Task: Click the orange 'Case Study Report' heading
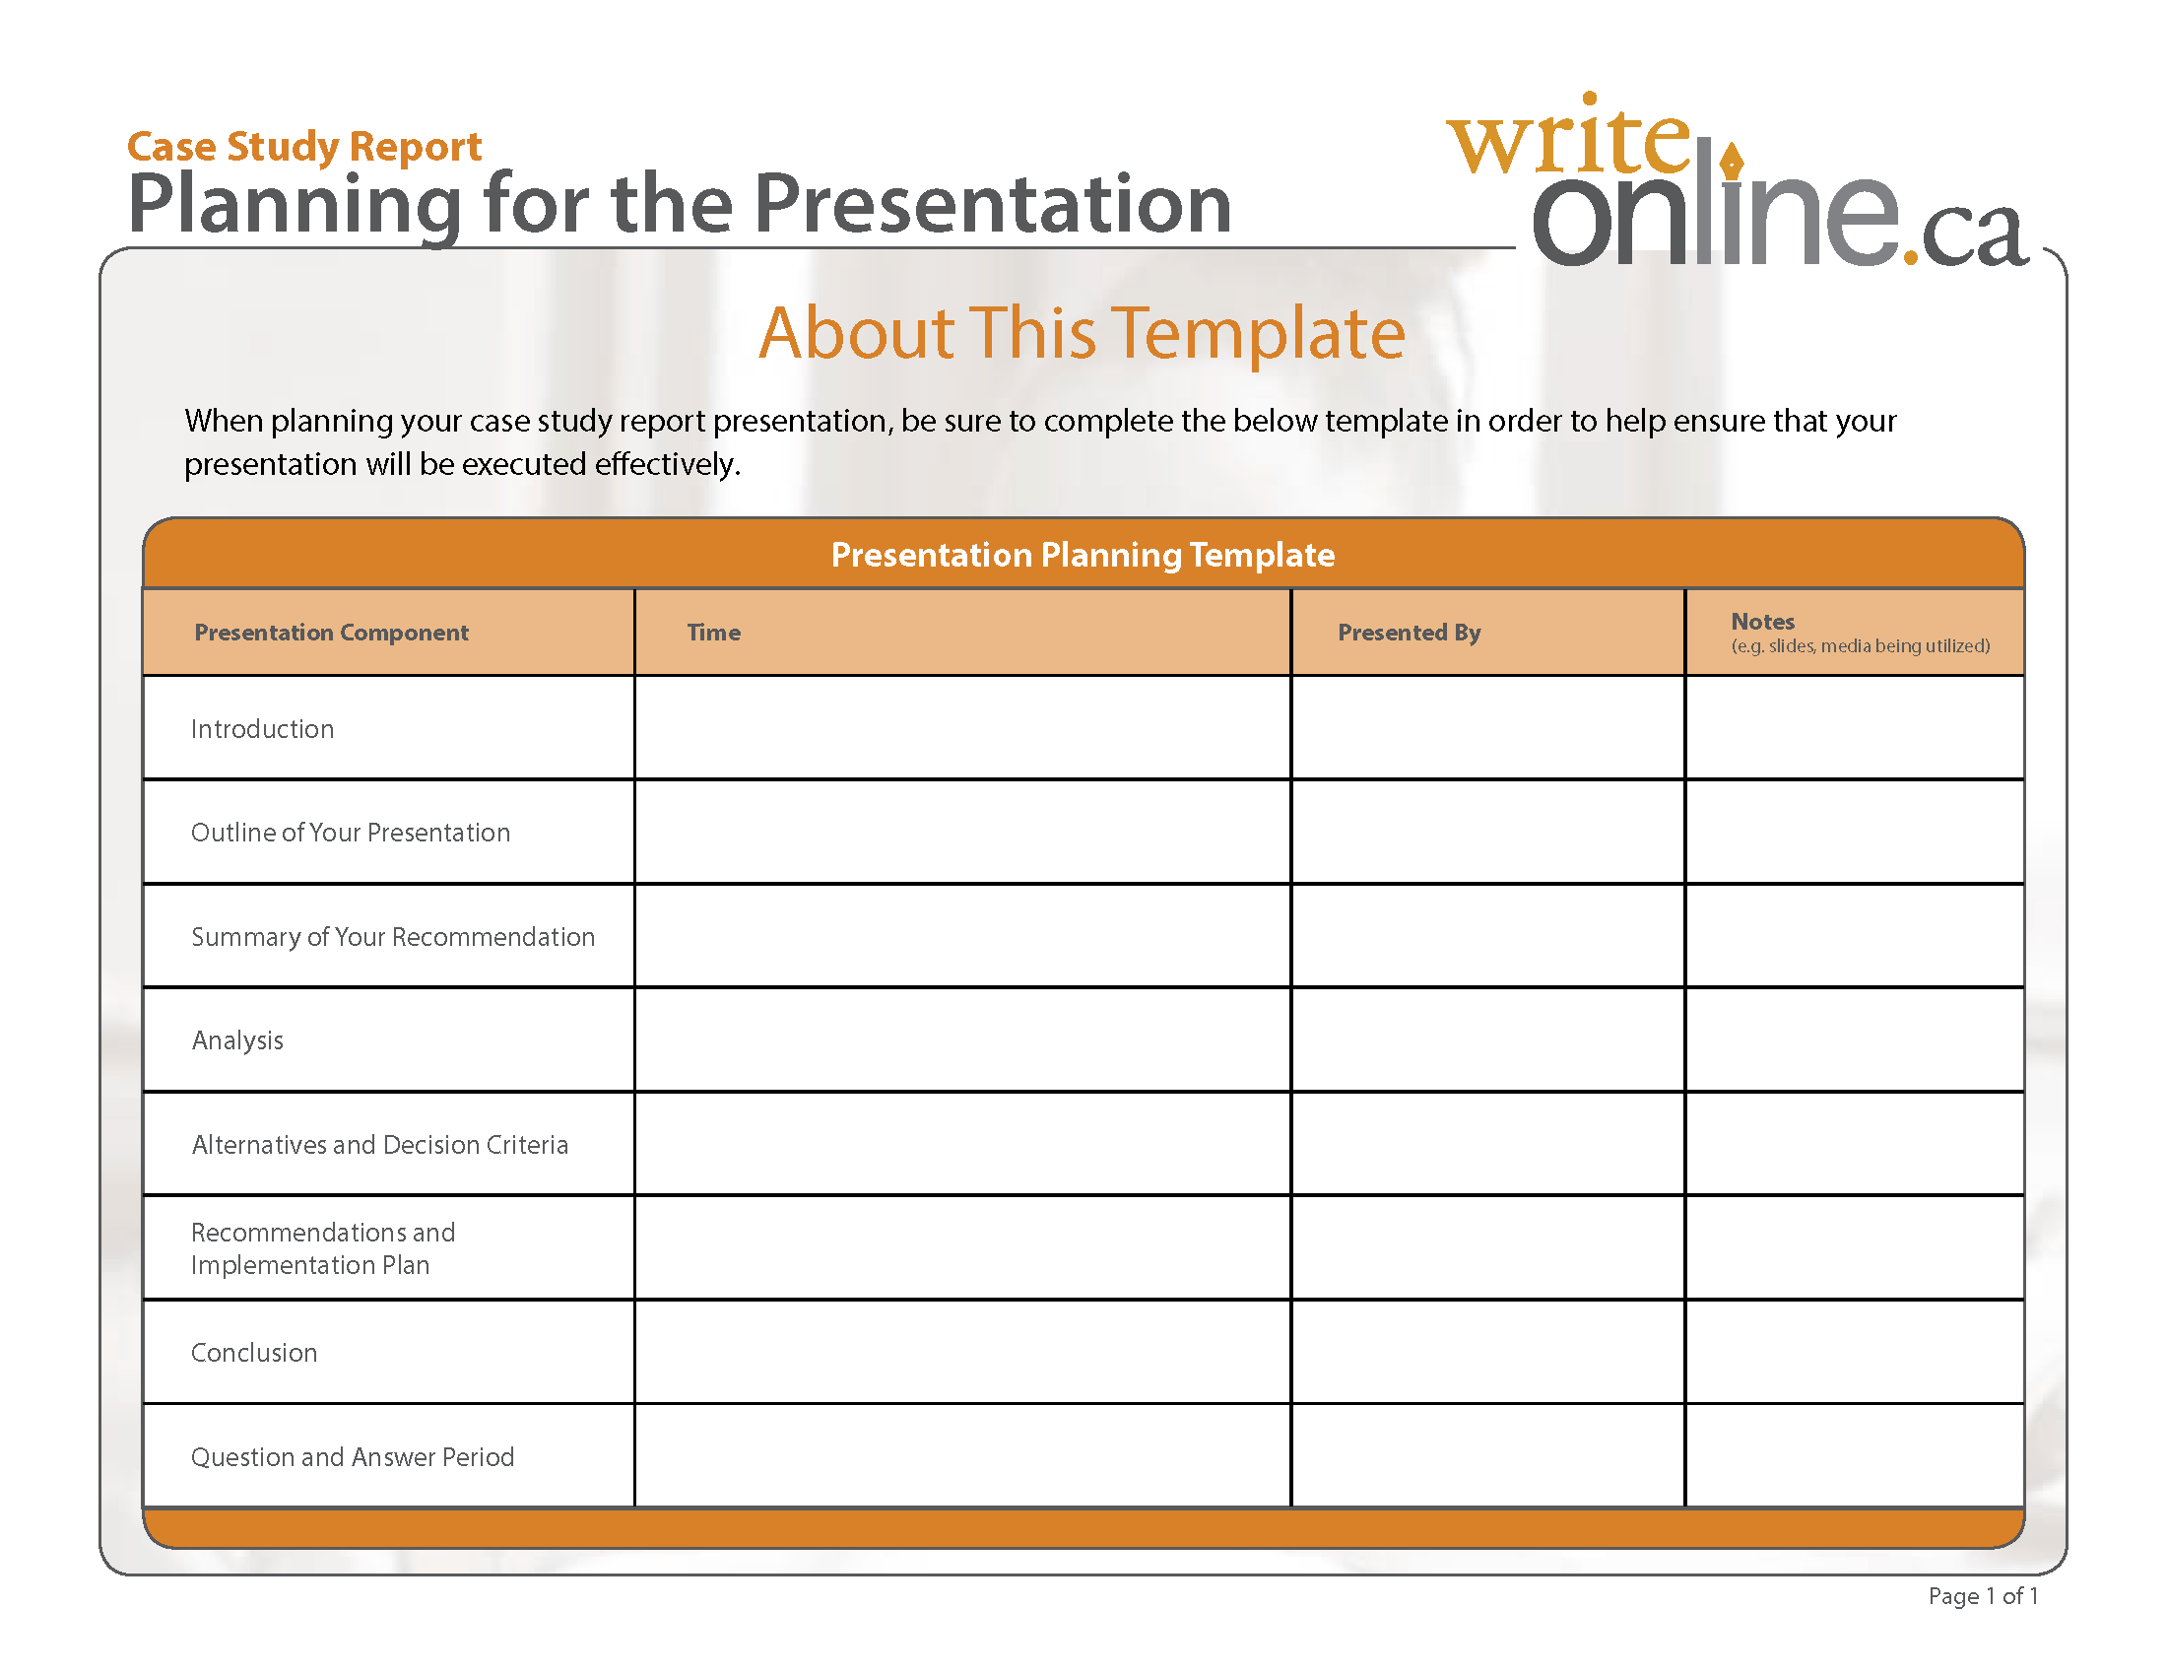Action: click(x=303, y=147)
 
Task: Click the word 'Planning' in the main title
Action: click(x=295, y=205)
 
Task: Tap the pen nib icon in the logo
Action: click(x=1732, y=159)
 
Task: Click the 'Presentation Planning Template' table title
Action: click(x=1083, y=555)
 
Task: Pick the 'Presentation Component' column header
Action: click(x=331, y=634)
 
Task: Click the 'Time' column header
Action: click(x=713, y=634)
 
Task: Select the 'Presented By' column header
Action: click(x=1408, y=634)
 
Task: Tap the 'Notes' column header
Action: click(x=1762, y=622)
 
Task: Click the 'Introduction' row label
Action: click(x=263, y=729)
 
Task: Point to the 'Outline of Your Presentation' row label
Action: click(x=351, y=833)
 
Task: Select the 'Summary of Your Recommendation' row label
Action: click(x=393, y=937)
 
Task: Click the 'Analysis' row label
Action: click(x=238, y=1040)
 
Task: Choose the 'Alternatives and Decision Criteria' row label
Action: click(x=380, y=1145)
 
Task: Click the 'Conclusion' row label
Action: click(x=254, y=1354)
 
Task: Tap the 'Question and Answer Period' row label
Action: click(x=353, y=1457)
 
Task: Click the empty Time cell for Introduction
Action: click(x=962, y=728)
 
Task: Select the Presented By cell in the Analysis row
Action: click(x=1487, y=1039)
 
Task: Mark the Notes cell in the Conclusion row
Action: click(x=1854, y=1353)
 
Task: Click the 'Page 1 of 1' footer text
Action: click(x=1983, y=1596)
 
